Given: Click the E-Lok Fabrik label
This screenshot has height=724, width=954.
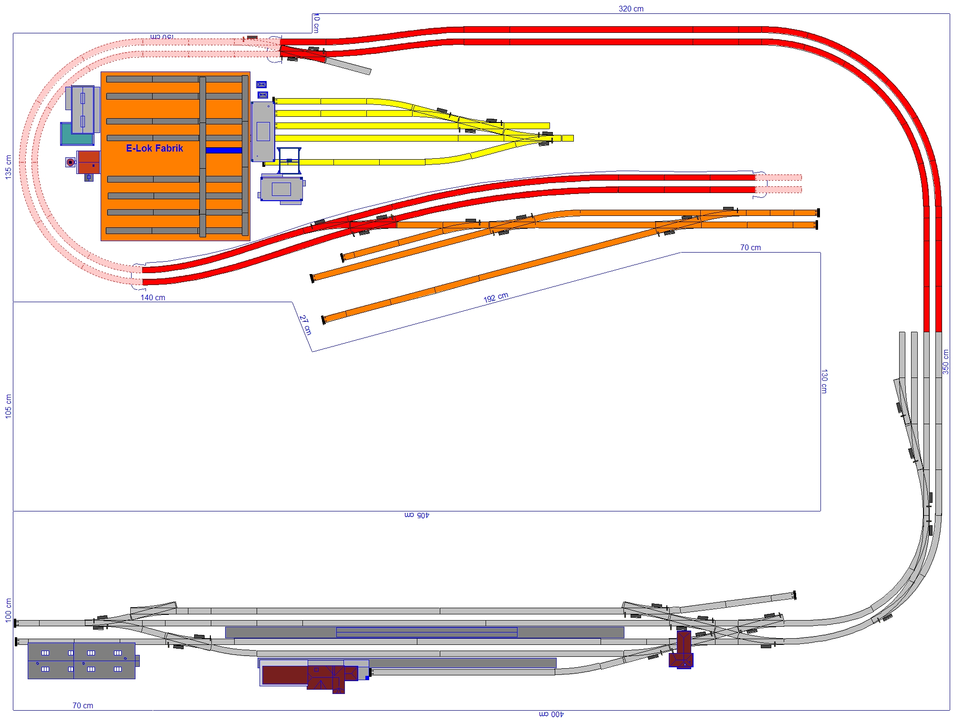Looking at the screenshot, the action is pyautogui.click(x=154, y=148).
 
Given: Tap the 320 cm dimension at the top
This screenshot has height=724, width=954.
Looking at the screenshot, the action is pyautogui.click(x=631, y=9).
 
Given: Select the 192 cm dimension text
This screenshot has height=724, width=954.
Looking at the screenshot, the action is pyautogui.click(x=496, y=297).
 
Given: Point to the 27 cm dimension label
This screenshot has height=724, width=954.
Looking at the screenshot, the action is pyautogui.click(x=305, y=325).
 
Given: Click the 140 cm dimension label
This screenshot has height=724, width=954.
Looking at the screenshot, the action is pyautogui.click(x=153, y=297).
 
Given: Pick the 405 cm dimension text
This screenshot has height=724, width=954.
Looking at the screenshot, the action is pyautogui.click(x=417, y=515).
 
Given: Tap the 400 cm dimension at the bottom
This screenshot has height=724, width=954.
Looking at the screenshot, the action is pyautogui.click(x=551, y=714).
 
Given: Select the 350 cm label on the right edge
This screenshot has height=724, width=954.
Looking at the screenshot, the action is pyautogui.click(x=945, y=362).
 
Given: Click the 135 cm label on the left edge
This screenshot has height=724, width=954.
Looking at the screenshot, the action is pyautogui.click(x=8, y=167).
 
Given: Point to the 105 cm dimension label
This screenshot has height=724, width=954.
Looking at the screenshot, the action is pyautogui.click(x=8, y=406).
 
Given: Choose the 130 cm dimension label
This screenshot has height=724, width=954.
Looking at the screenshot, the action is pyautogui.click(x=824, y=381).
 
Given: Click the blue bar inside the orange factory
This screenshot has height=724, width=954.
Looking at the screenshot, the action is pyautogui.click(x=224, y=150).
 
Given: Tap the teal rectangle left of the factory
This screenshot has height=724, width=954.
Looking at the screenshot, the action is pyautogui.click(x=76, y=134).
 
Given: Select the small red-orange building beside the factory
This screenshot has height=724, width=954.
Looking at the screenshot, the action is pyautogui.click(x=89, y=162).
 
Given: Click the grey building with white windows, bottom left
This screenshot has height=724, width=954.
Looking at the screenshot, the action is pyautogui.click(x=82, y=661).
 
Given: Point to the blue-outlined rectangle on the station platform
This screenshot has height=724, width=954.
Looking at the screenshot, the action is pyautogui.click(x=427, y=632).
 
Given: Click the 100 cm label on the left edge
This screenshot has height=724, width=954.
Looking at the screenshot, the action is pyautogui.click(x=8, y=610).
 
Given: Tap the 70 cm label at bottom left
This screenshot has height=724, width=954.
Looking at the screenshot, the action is pyautogui.click(x=83, y=705).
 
